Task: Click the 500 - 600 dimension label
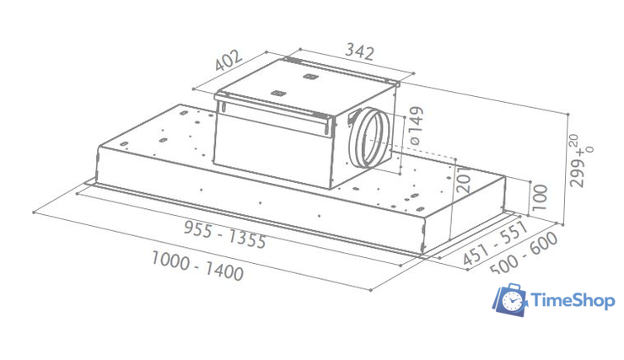tap(525, 252)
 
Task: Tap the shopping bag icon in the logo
tap(510, 302)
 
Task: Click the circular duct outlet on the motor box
tap(368, 138)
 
